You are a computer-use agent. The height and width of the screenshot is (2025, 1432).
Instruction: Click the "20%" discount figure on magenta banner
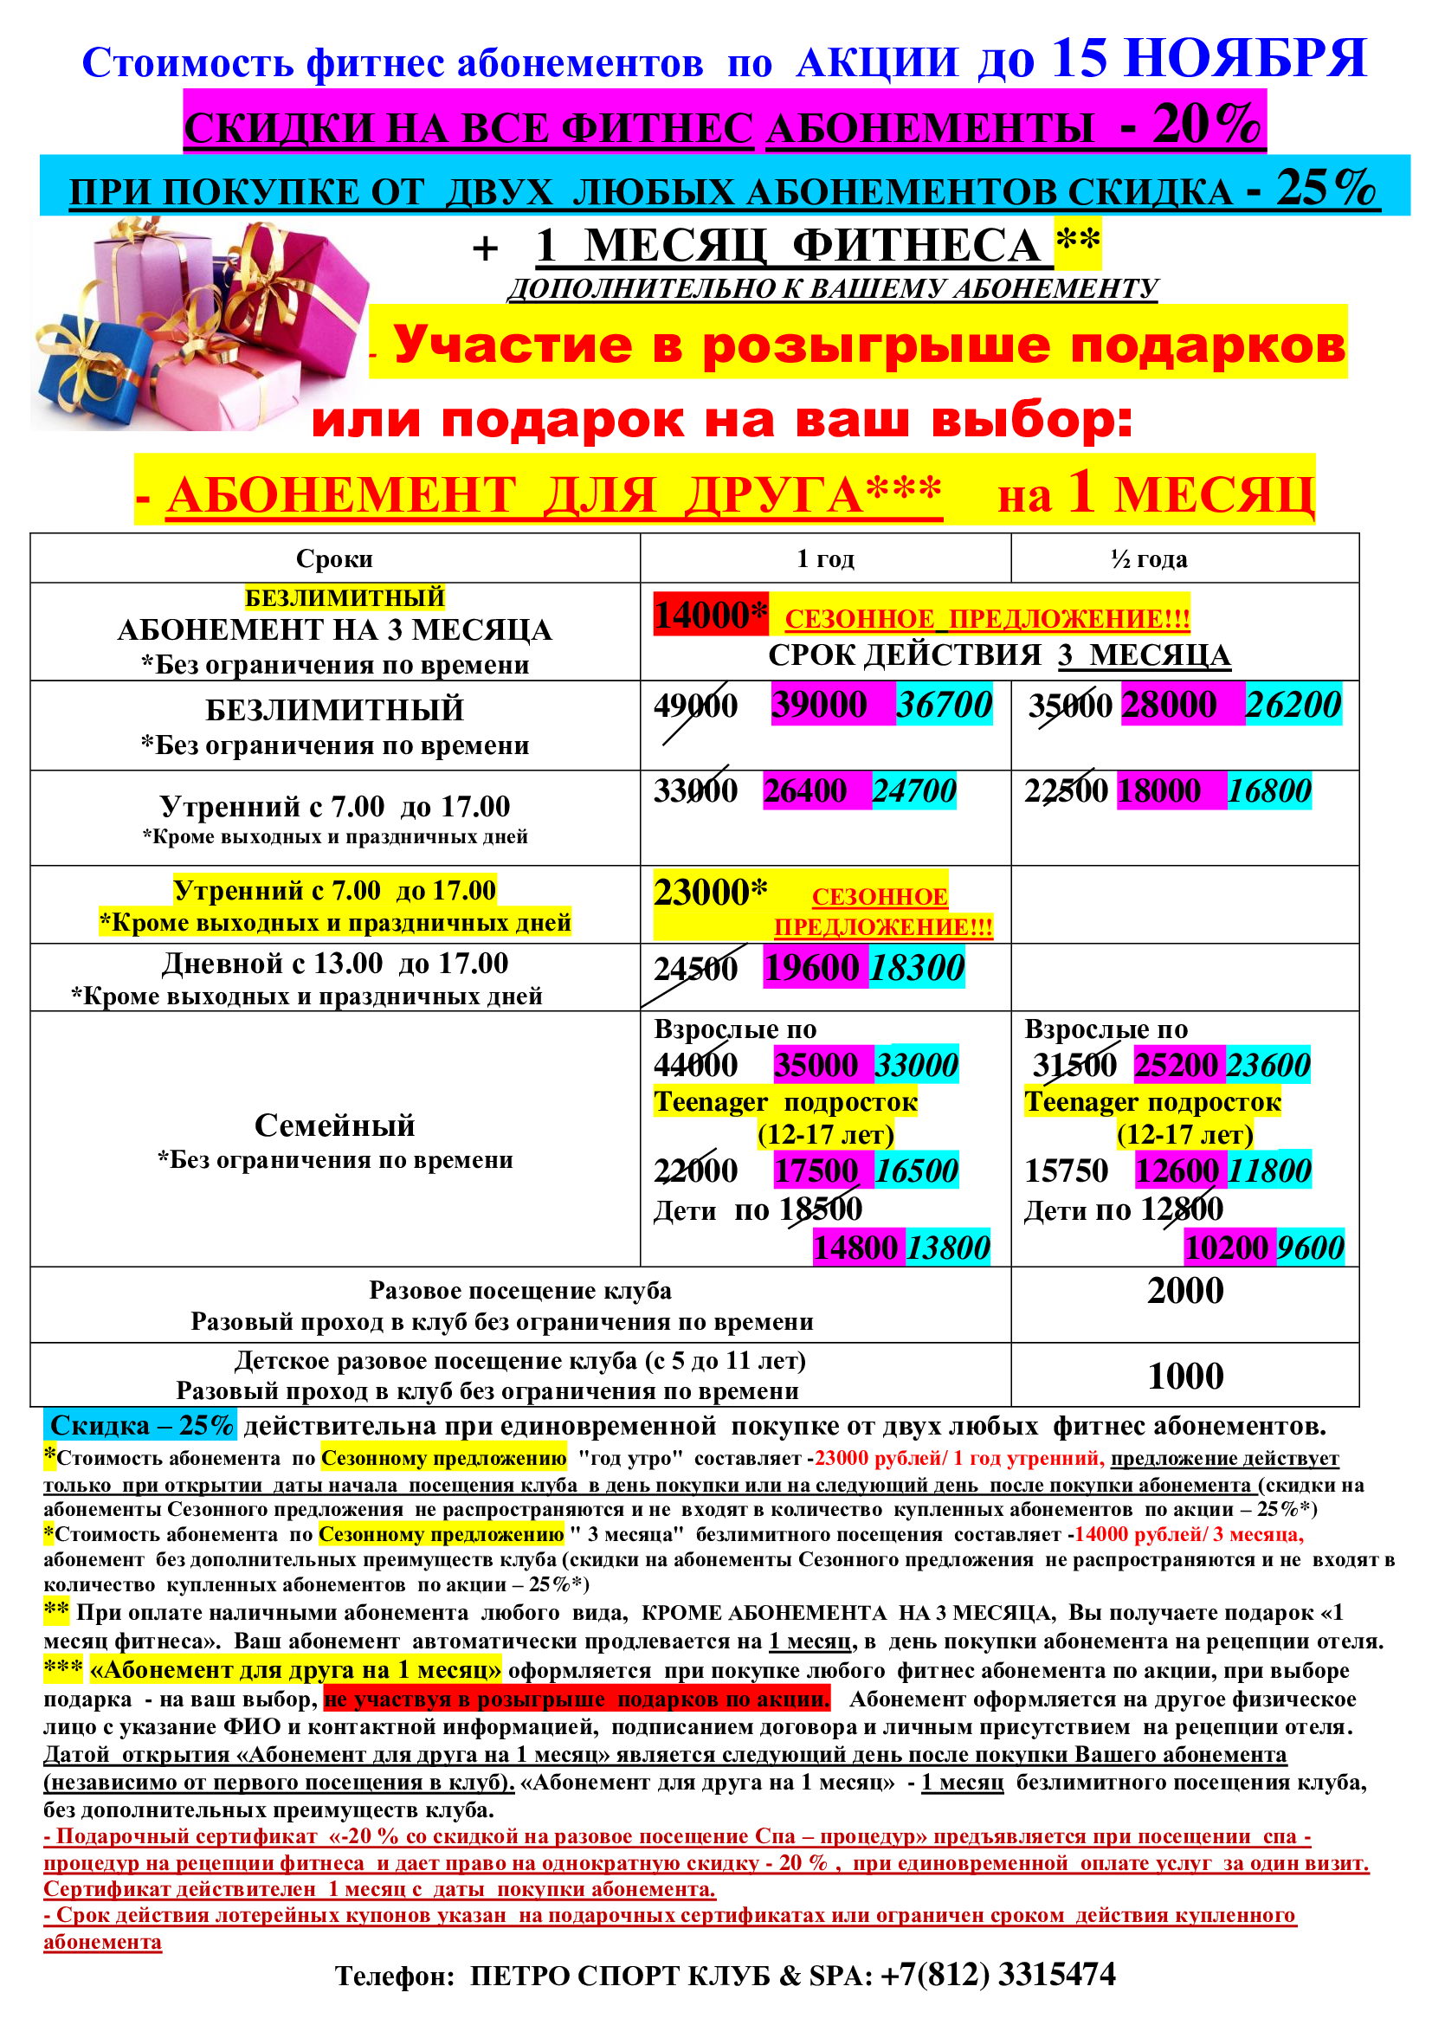(x=1206, y=125)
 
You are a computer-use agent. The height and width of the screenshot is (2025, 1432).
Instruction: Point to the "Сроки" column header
(x=334, y=558)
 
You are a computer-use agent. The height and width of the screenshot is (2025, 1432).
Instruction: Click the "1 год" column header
(x=824, y=558)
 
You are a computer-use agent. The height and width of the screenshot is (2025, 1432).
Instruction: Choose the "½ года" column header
(x=1149, y=558)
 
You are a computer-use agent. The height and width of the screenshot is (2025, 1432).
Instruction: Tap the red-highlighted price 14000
(x=702, y=615)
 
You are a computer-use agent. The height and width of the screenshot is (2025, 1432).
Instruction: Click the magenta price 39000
(x=819, y=704)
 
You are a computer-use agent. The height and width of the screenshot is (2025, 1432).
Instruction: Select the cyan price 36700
(x=944, y=704)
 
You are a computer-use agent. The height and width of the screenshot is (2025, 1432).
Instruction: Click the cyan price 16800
(x=1269, y=790)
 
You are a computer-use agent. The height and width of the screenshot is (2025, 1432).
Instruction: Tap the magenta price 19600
(x=811, y=968)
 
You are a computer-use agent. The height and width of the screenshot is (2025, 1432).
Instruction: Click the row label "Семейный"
(x=334, y=1125)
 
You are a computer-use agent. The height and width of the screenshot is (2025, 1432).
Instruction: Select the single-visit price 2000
(x=1184, y=1290)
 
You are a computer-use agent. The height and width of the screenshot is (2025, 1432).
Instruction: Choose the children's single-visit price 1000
(x=1184, y=1376)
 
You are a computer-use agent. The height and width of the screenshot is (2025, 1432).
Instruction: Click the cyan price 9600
(x=1309, y=1247)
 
